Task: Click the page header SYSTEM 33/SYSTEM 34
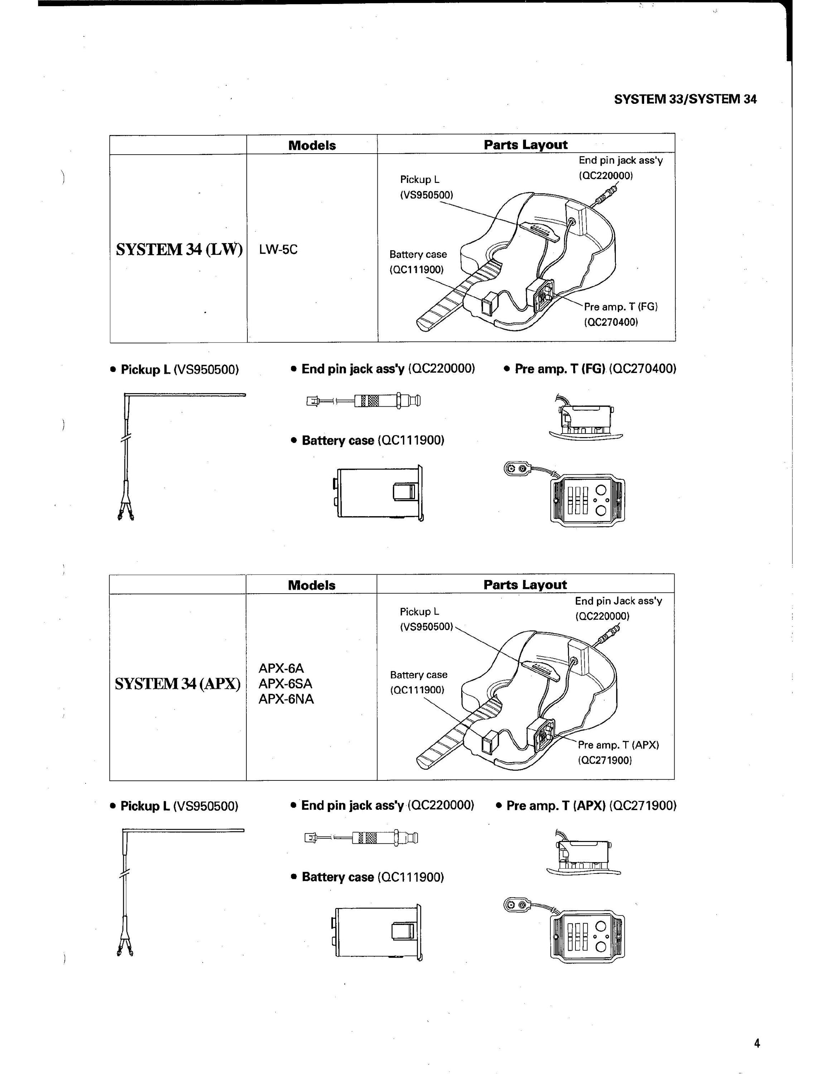(x=685, y=99)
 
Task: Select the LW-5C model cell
(x=278, y=249)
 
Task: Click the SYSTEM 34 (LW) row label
(x=179, y=249)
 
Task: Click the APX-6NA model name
(x=286, y=699)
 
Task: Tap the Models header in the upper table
(x=312, y=145)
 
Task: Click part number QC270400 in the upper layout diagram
(x=611, y=322)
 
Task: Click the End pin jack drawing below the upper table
(x=363, y=401)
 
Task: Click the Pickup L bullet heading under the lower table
(x=174, y=806)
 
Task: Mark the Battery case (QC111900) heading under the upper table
(x=368, y=440)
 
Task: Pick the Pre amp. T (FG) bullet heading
(x=590, y=369)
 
